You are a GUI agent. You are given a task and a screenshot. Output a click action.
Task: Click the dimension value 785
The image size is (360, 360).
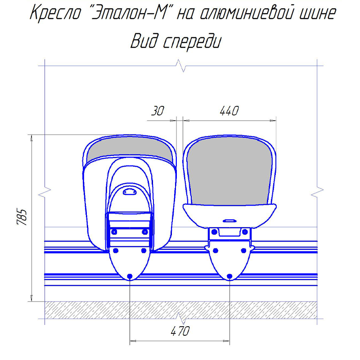[x=22, y=217]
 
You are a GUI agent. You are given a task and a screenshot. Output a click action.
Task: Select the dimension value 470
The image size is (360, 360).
[x=180, y=331]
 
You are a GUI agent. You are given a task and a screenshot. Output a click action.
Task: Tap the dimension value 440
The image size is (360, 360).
[x=229, y=111]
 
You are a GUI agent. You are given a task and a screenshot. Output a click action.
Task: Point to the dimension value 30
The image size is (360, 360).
[x=158, y=111]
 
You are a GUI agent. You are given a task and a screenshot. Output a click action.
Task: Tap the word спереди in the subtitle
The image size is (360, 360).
[x=192, y=42]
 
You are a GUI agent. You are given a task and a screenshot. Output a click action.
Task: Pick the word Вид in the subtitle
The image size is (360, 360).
[x=144, y=41]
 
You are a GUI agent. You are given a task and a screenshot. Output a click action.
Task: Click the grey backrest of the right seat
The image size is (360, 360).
[x=229, y=171]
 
